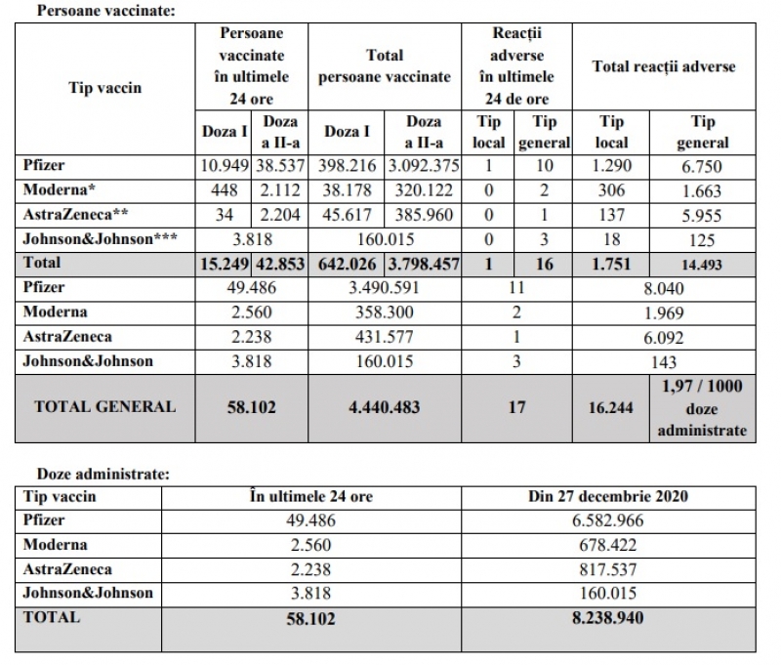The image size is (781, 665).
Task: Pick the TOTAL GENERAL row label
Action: coord(105,406)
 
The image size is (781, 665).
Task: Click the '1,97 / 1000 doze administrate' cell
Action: coord(702,407)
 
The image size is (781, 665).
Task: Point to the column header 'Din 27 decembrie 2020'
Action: coord(607,497)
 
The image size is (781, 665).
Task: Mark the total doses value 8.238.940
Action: coord(607,618)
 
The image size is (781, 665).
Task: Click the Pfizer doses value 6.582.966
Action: coord(607,520)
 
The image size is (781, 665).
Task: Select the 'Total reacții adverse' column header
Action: coord(664,67)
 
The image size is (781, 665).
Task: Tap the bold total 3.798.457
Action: coord(423,263)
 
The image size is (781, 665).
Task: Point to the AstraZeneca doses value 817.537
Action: coord(607,569)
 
